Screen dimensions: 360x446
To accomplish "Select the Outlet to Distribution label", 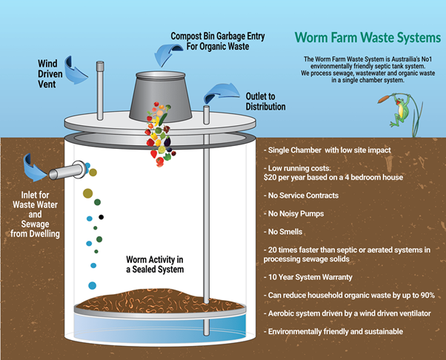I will click(265, 101).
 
